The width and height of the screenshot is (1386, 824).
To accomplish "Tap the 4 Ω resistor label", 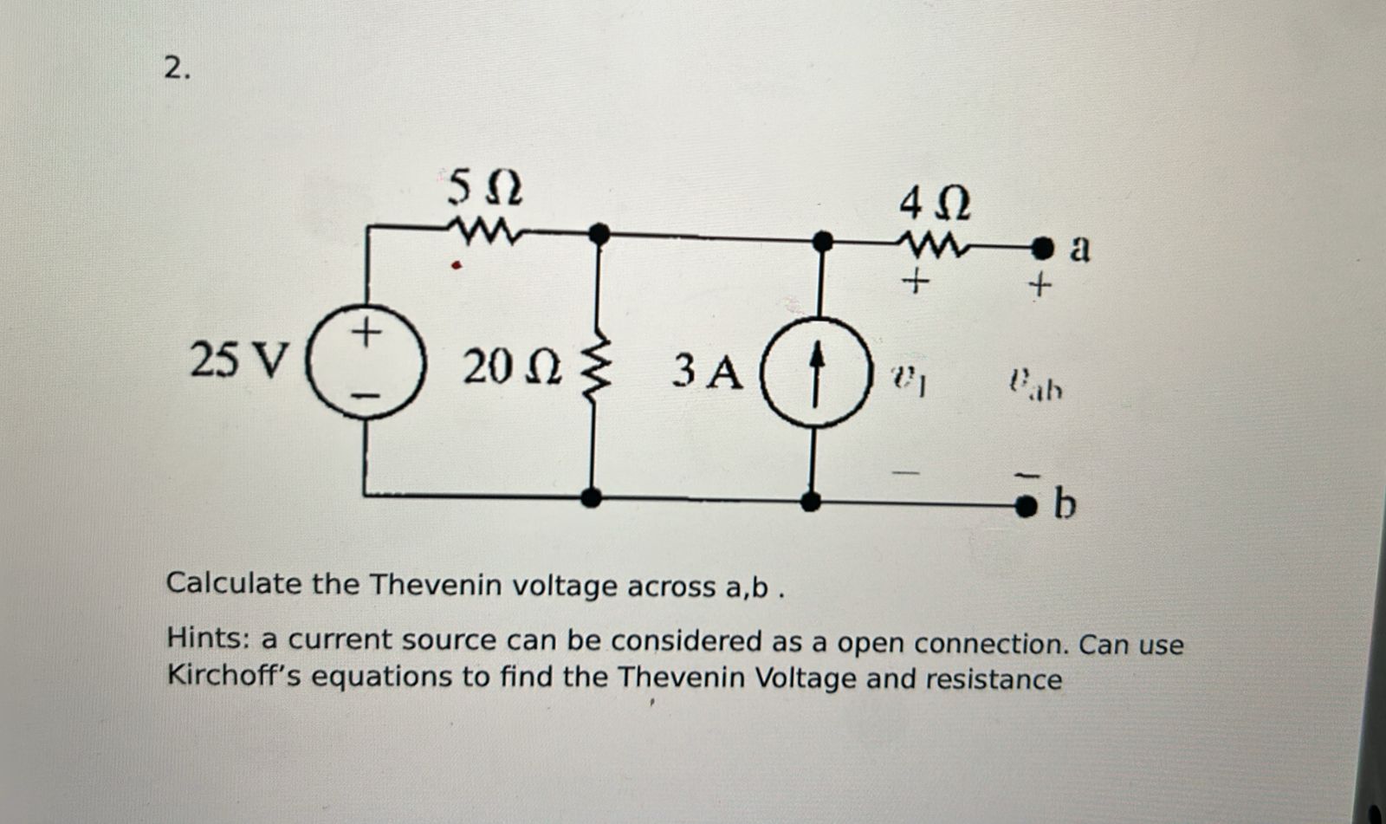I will click(935, 204).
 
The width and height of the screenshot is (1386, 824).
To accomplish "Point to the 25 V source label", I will click(237, 360).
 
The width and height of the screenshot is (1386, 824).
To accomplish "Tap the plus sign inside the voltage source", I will click(367, 331).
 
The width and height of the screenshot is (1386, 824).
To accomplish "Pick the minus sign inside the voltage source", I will click(368, 396).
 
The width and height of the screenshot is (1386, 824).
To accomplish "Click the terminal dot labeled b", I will click(1027, 503).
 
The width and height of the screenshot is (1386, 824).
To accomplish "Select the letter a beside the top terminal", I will click(1079, 248).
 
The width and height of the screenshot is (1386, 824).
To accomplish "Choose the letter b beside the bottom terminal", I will click(1065, 503).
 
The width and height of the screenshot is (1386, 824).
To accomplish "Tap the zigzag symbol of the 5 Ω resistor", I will click(483, 231).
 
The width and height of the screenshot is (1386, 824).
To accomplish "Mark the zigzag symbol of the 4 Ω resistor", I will click(933, 247).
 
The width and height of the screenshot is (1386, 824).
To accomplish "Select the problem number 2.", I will click(176, 68).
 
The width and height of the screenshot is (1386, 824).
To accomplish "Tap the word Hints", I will click(208, 639).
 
